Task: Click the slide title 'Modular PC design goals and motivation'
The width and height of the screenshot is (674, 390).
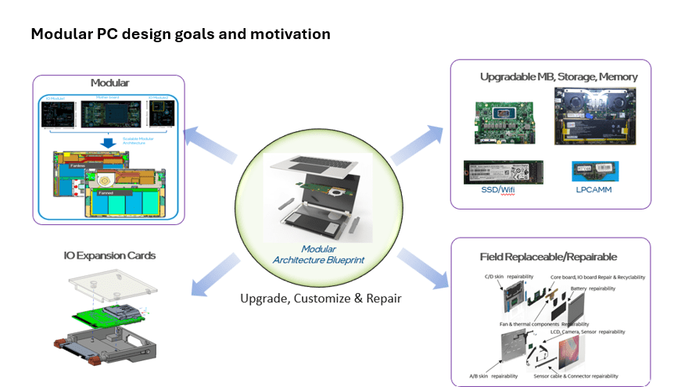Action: pos(180,34)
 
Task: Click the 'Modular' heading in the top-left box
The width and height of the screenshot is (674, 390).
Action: pos(109,83)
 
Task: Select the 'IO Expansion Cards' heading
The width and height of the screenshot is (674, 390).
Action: pos(109,256)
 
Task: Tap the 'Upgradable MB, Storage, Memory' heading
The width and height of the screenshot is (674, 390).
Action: pos(558,77)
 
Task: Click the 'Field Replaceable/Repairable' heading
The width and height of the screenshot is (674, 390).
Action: pos(548,256)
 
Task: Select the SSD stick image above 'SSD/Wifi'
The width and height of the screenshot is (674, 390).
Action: pos(504,171)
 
